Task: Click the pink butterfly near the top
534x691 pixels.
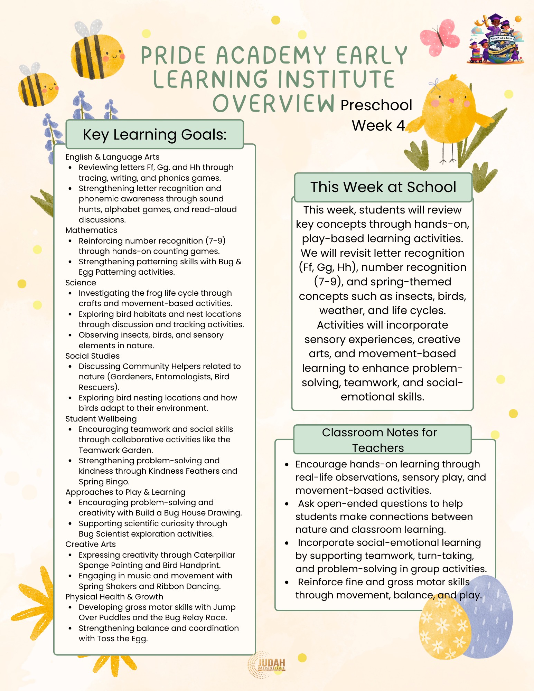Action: click(439, 37)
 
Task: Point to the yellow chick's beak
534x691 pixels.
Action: click(451, 101)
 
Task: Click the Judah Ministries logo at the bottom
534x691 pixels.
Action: click(267, 665)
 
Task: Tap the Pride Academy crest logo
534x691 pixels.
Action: click(496, 40)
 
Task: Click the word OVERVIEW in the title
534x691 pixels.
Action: click(273, 103)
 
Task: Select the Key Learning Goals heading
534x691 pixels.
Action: click(154, 134)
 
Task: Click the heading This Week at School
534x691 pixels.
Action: click(383, 187)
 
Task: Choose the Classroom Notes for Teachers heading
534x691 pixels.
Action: click(379, 440)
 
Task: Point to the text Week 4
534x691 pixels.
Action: click(378, 125)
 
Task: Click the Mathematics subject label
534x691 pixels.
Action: click(91, 230)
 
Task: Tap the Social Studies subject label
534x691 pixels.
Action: click(92, 356)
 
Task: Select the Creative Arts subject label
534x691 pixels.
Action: click(91, 544)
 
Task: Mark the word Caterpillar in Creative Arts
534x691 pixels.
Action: click(214, 555)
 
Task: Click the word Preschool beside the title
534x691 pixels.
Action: click(376, 105)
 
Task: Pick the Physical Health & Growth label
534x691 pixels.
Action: click(114, 597)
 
